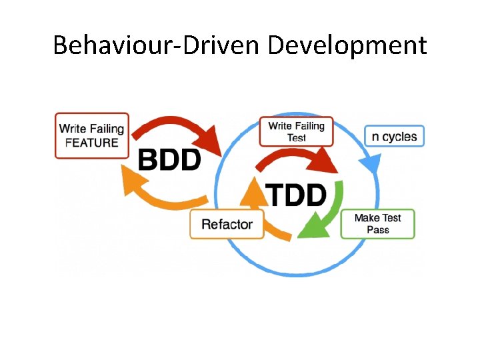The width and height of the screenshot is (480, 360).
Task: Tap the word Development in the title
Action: [x=347, y=45]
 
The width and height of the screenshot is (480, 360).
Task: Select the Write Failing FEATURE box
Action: [x=92, y=135]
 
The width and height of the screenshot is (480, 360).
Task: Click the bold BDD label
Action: [x=169, y=160]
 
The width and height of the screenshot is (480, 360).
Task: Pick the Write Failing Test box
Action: [x=296, y=131]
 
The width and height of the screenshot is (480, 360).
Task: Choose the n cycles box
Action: [x=394, y=137]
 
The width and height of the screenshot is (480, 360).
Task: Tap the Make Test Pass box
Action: [x=377, y=223]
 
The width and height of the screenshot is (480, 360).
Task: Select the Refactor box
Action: [x=227, y=224]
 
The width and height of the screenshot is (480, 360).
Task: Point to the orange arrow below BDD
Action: [x=160, y=190]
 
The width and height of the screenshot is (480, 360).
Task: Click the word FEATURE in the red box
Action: [x=92, y=142]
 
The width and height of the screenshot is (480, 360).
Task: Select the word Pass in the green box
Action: [x=377, y=230]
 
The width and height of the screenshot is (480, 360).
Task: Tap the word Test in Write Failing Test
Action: [x=297, y=138]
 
